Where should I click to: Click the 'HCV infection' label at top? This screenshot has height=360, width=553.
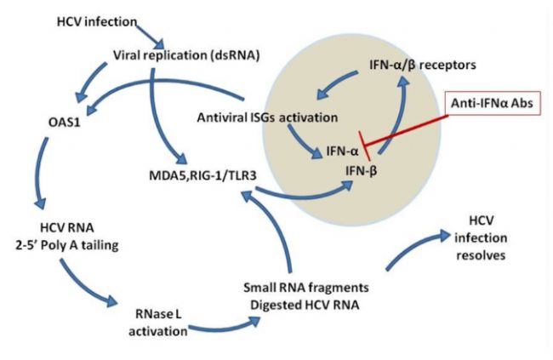tap(95, 19)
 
